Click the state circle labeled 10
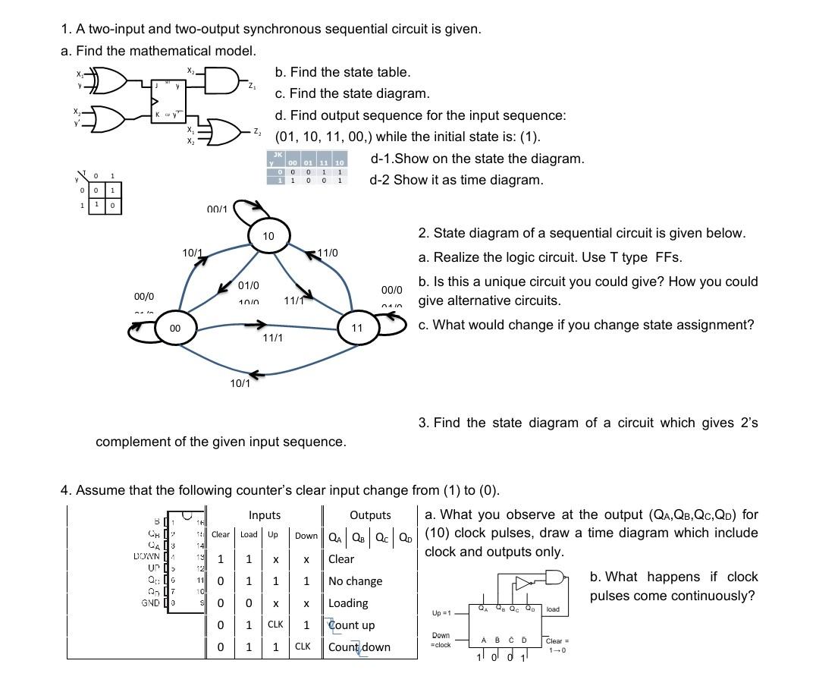pyautogui.click(x=268, y=237)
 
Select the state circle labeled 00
pyautogui.click(x=174, y=328)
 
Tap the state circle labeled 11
pyautogui.click(x=356, y=329)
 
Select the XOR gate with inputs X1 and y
pyautogui.click(x=106, y=80)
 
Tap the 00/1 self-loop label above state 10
pyautogui.click(x=217, y=209)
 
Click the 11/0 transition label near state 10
pyautogui.click(x=328, y=252)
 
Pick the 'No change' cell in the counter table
pyautogui.click(x=355, y=581)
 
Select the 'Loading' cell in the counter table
pyautogui.click(x=348, y=603)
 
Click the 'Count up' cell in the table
pyautogui.click(x=351, y=625)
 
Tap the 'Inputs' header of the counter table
pyautogui.click(x=265, y=515)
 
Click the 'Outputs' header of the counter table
pyautogui.click(x=370, y=515)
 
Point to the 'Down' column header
pyautogui.click(x=306, y=536)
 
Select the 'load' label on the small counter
pyautogui.click(x=553, y=609)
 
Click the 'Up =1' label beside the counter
pyautogui.click(x=441, y=612)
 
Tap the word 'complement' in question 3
pyautogui.click(x=133, y=442)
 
